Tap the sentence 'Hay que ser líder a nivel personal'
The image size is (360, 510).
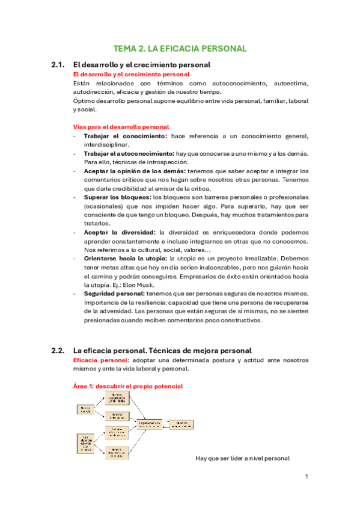(243, 458)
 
